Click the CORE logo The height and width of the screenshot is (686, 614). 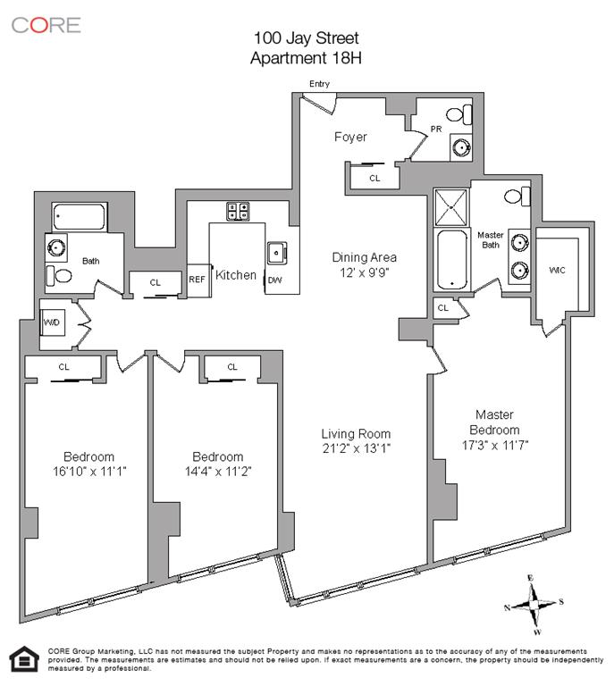tap(46, 24)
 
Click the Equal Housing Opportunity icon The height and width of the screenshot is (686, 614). tap(21, 659)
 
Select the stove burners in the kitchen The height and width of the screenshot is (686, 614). tap(238, 211)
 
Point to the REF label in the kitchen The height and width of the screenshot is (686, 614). tap(197, 279)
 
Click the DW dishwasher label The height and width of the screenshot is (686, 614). tap(274, 279)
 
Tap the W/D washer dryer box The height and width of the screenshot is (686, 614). tap(52, 322)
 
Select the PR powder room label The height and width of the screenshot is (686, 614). tap(436, 129)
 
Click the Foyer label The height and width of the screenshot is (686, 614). tap(350, 137)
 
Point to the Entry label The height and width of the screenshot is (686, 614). tap(319, 84)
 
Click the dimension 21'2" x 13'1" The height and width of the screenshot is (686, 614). tap(356, 448)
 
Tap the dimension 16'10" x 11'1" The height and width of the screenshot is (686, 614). tap(88, 471)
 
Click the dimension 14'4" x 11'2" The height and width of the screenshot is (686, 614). tap(217, 471)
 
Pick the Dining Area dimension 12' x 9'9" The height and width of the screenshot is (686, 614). tap(364, 272)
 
